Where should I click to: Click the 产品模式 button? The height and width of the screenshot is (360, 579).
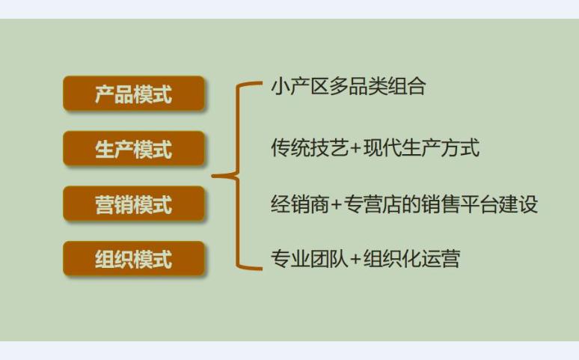134,94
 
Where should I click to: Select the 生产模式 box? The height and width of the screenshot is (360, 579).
134,149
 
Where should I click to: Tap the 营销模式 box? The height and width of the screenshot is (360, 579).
134,204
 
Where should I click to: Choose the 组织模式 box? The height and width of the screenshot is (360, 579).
134,259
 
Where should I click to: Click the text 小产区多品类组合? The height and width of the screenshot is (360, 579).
348,87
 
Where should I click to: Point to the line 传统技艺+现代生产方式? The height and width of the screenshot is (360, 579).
376,148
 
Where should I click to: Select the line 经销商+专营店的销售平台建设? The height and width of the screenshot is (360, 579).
404,204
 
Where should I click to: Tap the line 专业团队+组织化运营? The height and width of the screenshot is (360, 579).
365,258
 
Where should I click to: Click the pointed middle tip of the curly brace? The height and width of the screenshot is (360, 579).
213,176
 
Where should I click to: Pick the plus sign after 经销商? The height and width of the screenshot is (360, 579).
336,205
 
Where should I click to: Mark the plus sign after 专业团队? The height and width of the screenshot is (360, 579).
355,259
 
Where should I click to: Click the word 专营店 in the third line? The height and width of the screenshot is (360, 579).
373,204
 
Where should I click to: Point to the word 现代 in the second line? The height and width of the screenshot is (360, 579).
382,148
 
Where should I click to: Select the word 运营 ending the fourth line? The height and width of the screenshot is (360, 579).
441,258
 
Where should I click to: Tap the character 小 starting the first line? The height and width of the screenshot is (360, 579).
281,87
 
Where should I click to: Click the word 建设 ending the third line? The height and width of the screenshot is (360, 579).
518,204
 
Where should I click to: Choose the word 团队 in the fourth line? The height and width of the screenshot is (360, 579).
328,258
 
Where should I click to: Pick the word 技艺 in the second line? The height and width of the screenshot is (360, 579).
328,148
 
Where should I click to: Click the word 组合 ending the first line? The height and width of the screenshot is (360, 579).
407,87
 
